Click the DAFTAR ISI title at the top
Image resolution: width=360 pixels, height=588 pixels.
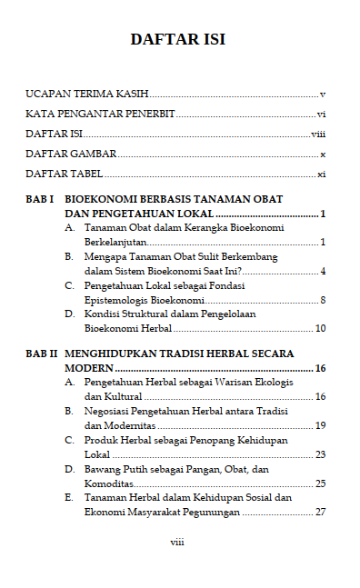178,39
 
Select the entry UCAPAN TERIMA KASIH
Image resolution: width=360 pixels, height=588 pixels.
86,94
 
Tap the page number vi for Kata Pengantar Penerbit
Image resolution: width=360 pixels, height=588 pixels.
321,114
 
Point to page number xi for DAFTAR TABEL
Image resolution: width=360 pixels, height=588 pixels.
321,173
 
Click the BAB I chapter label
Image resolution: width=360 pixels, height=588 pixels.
41,198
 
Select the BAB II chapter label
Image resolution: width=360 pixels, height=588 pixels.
43,352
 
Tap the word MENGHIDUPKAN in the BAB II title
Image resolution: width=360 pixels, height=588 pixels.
114,352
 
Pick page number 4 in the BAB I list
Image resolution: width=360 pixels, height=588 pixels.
323,271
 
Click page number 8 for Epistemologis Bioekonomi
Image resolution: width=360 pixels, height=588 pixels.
323,299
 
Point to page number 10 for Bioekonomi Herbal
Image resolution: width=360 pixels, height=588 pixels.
320,327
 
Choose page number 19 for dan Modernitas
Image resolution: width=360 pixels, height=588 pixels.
320,424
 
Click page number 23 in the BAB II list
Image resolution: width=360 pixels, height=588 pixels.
320,453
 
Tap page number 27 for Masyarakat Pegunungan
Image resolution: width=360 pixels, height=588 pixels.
320,512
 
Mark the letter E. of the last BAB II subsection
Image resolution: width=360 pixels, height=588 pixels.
70,498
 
